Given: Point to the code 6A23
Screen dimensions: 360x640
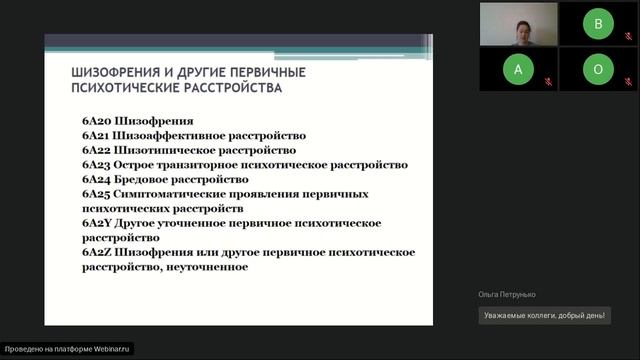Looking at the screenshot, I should coord(96,165).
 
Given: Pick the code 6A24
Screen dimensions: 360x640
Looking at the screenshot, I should coord(96,180).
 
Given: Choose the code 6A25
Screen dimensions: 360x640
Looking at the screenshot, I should coord(96,194).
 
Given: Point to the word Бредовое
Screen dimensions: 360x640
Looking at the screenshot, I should coord(144,180).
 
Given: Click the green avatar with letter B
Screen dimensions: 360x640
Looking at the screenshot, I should coord(598,25).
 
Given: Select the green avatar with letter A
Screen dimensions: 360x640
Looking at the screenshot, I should coord(517,70).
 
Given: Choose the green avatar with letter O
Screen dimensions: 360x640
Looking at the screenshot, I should coord(598,70).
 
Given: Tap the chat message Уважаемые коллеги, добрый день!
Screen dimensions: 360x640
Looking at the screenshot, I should coord(545,316).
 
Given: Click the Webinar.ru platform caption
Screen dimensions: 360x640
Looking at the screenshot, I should coord(68,349).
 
